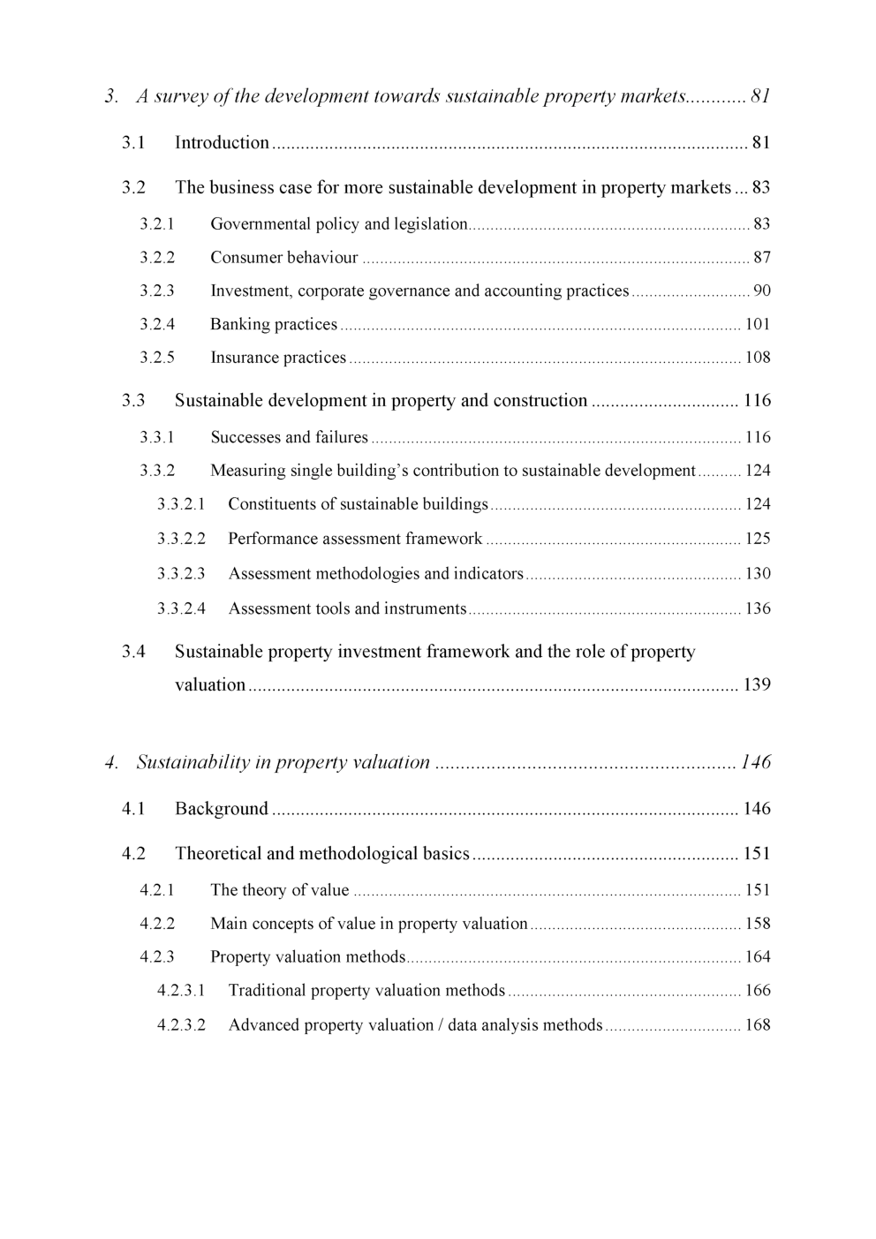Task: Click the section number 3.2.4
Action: click(x=157, y=324)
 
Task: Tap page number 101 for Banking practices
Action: click(x=758, y=324)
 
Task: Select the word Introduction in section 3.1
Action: click(x=222, y=143)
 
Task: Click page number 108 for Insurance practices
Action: click(x=758, y=358)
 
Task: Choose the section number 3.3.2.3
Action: click(x=181, y=574)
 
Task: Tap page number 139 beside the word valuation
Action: click(x=757, y=684)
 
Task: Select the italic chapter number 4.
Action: click(x=111, y=763)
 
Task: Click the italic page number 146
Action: click(x=756, y=762)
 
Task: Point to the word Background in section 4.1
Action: click(x=222, y=809)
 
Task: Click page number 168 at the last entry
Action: click(x=758, y=1025)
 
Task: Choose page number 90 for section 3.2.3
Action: click(x=761, y=291)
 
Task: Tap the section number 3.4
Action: click(x=133, y=652)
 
